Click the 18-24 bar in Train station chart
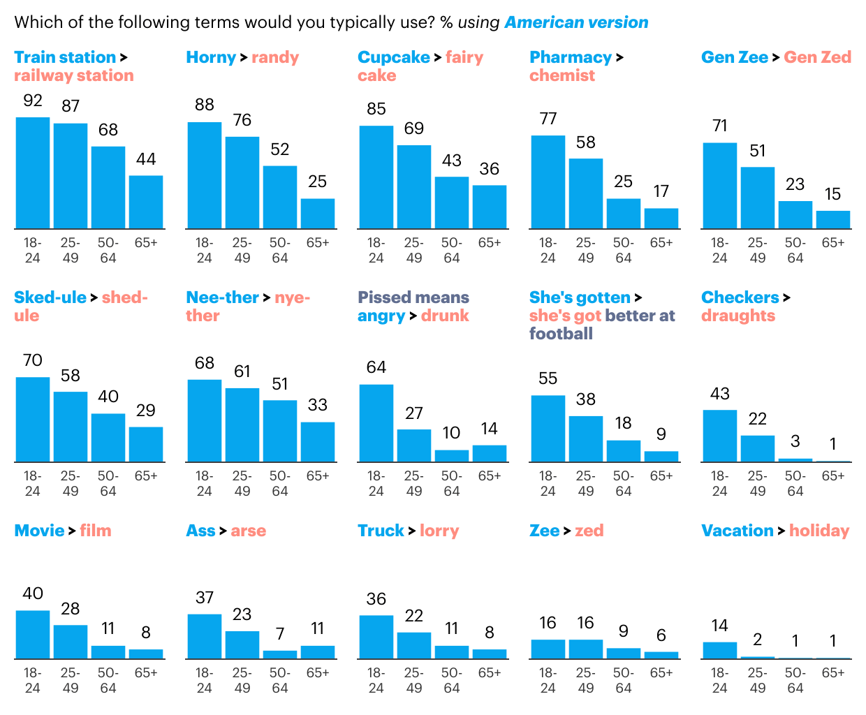(33, 173)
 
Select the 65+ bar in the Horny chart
(318, 214)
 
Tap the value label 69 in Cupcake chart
(414, 128)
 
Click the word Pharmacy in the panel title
(571, 57)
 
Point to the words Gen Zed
(817, 57)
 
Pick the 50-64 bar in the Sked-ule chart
(108, 438)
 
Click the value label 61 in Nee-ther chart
(242, 371)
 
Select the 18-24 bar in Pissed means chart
(376, 423)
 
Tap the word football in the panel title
(561, 334)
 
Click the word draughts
(738, 316)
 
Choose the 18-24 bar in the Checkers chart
(720, 436)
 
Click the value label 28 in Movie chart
(71, 609)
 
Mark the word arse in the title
(249, 531)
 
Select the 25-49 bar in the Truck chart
(414, 646)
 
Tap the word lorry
(439, 531)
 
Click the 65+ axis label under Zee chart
(661, 673)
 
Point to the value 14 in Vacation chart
(720, 626)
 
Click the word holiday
(819, 531)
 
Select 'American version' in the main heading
(576, 22)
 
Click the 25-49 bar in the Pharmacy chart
(586, 193)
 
